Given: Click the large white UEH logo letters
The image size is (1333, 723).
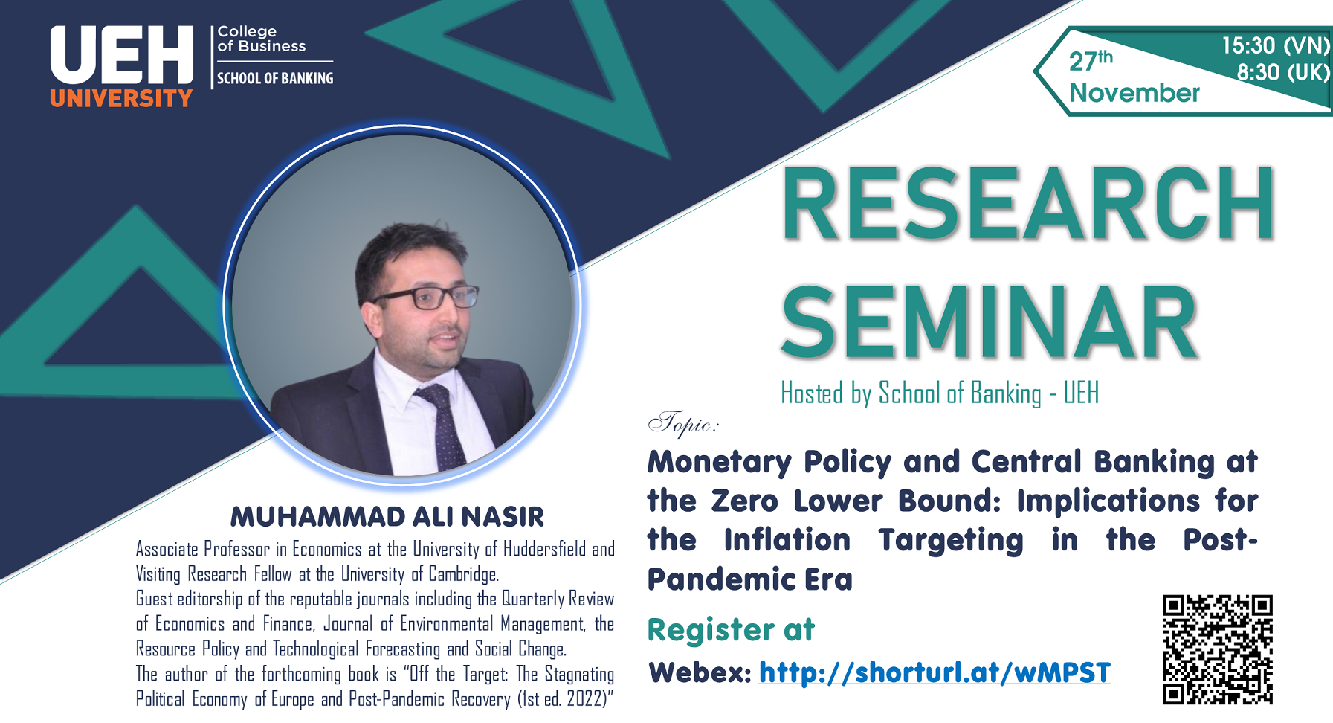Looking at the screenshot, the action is click(x=122, y=55).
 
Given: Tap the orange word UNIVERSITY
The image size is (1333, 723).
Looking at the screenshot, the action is click(x=121, y=98).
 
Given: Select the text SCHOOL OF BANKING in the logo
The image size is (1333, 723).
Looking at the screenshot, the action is click(x=275, y=78).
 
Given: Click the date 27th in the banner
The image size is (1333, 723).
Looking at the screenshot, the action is click(x=1091, y=60).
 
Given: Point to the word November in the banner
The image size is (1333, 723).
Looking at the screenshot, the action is click(x=1134, y=93).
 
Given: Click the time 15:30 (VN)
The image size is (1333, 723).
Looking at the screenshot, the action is click(x=1276, y=45).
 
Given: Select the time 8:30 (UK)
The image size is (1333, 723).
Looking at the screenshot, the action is click(x=1283, y=72).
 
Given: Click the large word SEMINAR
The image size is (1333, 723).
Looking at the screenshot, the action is click(x=990, y=322).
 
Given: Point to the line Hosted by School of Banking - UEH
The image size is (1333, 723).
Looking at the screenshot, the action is click(x=940, y=393).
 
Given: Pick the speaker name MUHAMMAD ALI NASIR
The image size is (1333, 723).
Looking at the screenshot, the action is click(x=387, y=516).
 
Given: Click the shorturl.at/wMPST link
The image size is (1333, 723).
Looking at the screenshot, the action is click(x=935, y=672).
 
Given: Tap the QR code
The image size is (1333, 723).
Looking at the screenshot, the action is click(x=1218, y=649).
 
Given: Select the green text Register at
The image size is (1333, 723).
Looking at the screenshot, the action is click(x=731, y=630).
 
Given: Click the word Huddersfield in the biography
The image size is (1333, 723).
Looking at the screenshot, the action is click(x=544, y=549).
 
